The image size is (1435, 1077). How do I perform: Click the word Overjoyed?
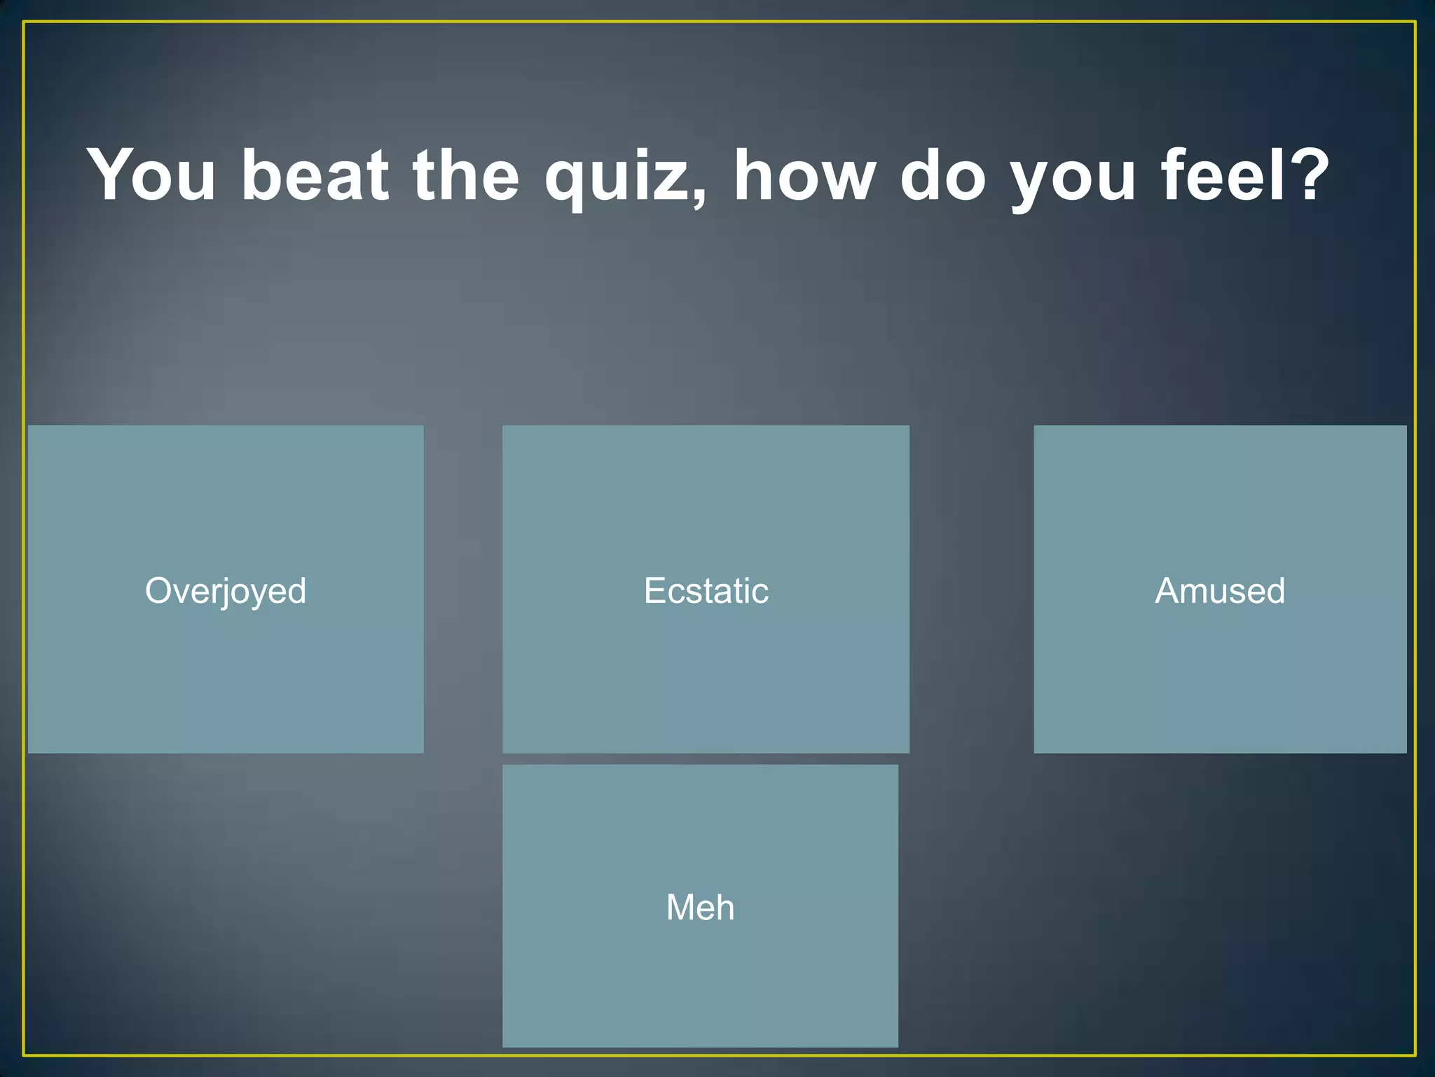pyautogui.click(x=226, y=591)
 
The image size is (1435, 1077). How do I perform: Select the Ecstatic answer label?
pyautogui.click(x=706, y=591)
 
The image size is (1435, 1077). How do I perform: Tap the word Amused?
pyautogui.click(x=1220, y=591)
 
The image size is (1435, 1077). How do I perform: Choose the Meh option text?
pyautogui.click(x=700, y=907)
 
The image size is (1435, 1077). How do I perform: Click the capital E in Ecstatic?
pyautogui.click(x=654, y=591)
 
